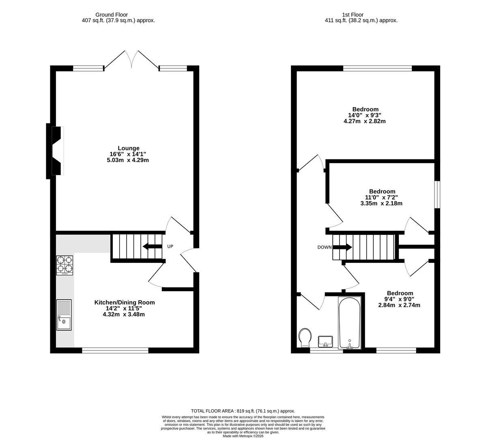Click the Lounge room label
click(128, 148)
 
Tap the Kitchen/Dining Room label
click(124, 303)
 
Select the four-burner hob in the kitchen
click(65, 265)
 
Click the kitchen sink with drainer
click(64, 315)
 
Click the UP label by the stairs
click(170, 247)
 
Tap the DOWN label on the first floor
click(324, 247)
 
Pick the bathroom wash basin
click(325, 341)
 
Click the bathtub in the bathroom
click(349, 323)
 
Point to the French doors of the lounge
click(131, 61)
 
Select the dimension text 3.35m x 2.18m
click(381, 204)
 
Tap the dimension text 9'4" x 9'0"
click(399, 299)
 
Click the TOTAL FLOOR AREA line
click(243, 411)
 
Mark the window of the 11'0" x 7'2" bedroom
click(437, 195)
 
